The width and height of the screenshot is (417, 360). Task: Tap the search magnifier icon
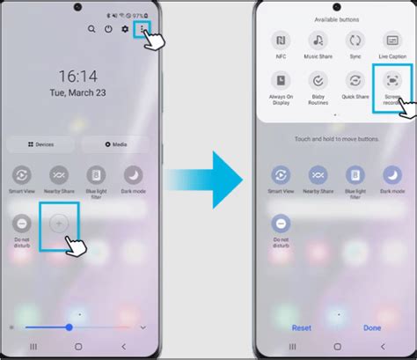[x=91, y=29]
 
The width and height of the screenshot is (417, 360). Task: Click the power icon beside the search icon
[x=108, y=29]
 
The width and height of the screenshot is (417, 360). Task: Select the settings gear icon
[x=125, y=29]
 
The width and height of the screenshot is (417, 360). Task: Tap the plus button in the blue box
[x=60, y=224]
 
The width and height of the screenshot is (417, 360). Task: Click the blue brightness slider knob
[x=69, y=327]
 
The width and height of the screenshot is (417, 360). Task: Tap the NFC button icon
[x=280, y=40]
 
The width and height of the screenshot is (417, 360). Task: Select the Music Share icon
[x=318, y=40]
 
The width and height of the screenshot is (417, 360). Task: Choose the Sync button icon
[x=355, y=40]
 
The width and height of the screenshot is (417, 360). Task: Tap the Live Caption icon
[x=392, y=40]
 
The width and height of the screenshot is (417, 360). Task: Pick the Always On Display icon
[x=280, y=82]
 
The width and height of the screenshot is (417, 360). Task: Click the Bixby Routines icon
[x=318, y=82]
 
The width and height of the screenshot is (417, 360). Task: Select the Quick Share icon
[x=355, y=82]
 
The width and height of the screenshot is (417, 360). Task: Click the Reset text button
[x=303, y=327]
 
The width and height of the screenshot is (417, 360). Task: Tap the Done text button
[x=371, y=327]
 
